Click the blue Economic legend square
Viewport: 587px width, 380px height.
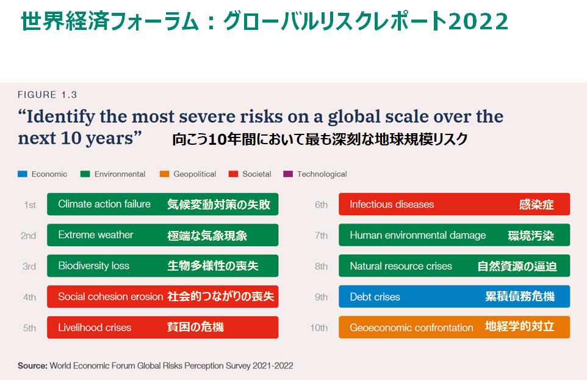(x=23, y=174)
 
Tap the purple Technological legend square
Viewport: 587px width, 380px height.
(x=288, y=174)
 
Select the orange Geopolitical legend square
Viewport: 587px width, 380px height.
(x=164, y=174)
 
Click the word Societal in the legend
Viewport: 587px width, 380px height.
(x=256, y=174)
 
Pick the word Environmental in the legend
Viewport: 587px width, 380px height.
(x=120, y=174)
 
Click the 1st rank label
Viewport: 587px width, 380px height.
(x=30, y=205)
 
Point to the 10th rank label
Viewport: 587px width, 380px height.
(x=319, y=328)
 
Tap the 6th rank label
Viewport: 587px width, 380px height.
(x=321, y=205)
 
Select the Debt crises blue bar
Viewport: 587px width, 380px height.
(x=454, y=296)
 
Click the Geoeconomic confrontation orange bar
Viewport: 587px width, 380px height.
(x=454, y=327)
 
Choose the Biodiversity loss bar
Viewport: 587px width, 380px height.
(x=162, y=266)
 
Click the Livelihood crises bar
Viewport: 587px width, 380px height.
(x=162, y=327)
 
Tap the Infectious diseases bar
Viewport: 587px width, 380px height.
(x=454, y=204)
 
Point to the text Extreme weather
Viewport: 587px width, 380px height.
(x=96, y=235)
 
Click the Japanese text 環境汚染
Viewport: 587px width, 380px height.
(x=531, y=235)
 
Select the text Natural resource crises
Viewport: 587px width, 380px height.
(x=401, y=266)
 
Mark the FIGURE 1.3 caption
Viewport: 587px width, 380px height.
(x=47, y=95)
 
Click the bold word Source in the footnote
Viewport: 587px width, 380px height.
(x=32, y=366)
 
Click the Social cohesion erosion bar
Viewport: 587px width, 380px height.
(x=162, y=296)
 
